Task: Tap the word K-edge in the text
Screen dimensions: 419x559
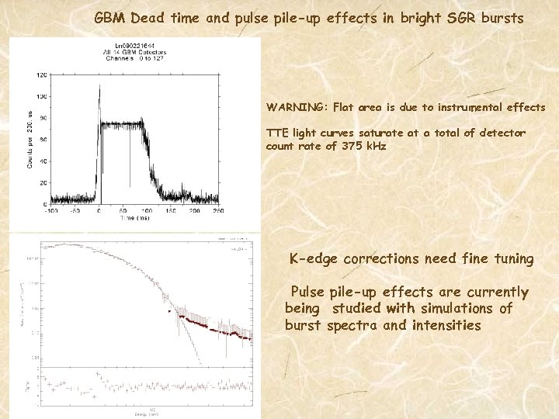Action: click(x=313, y=259)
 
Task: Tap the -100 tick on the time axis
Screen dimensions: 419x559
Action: click(x=50, y=210)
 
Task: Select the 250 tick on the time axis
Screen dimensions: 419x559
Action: click(x=195, y=210)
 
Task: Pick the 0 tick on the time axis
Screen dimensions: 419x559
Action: click(x=99, y=210)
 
